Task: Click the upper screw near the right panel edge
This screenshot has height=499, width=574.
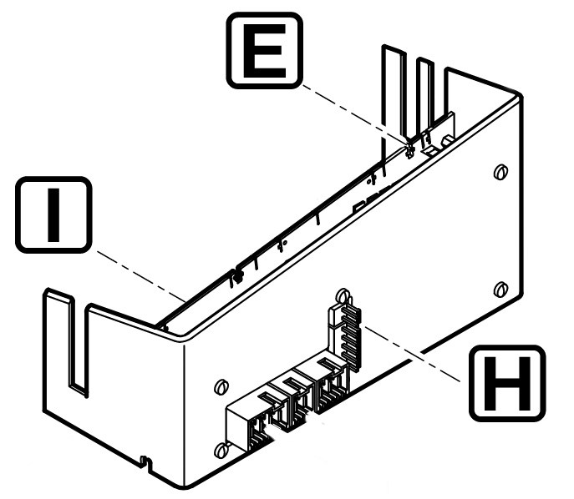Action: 499,173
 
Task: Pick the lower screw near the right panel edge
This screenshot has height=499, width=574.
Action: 500,290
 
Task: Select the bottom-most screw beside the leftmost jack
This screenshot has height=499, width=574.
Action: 221,451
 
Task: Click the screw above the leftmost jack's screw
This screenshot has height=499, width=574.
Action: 221,387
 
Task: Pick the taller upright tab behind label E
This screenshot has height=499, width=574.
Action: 392,92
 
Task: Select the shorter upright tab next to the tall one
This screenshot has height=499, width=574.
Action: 425,96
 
